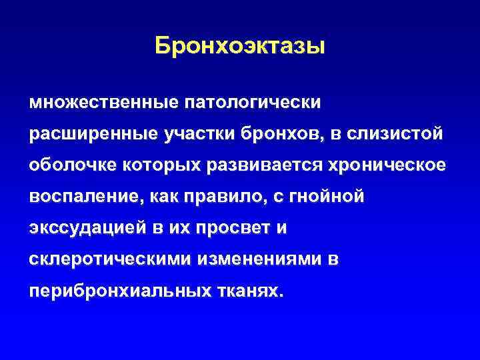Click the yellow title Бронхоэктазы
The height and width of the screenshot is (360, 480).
pos(240,46)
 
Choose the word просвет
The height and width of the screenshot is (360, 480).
pos(231,228)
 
